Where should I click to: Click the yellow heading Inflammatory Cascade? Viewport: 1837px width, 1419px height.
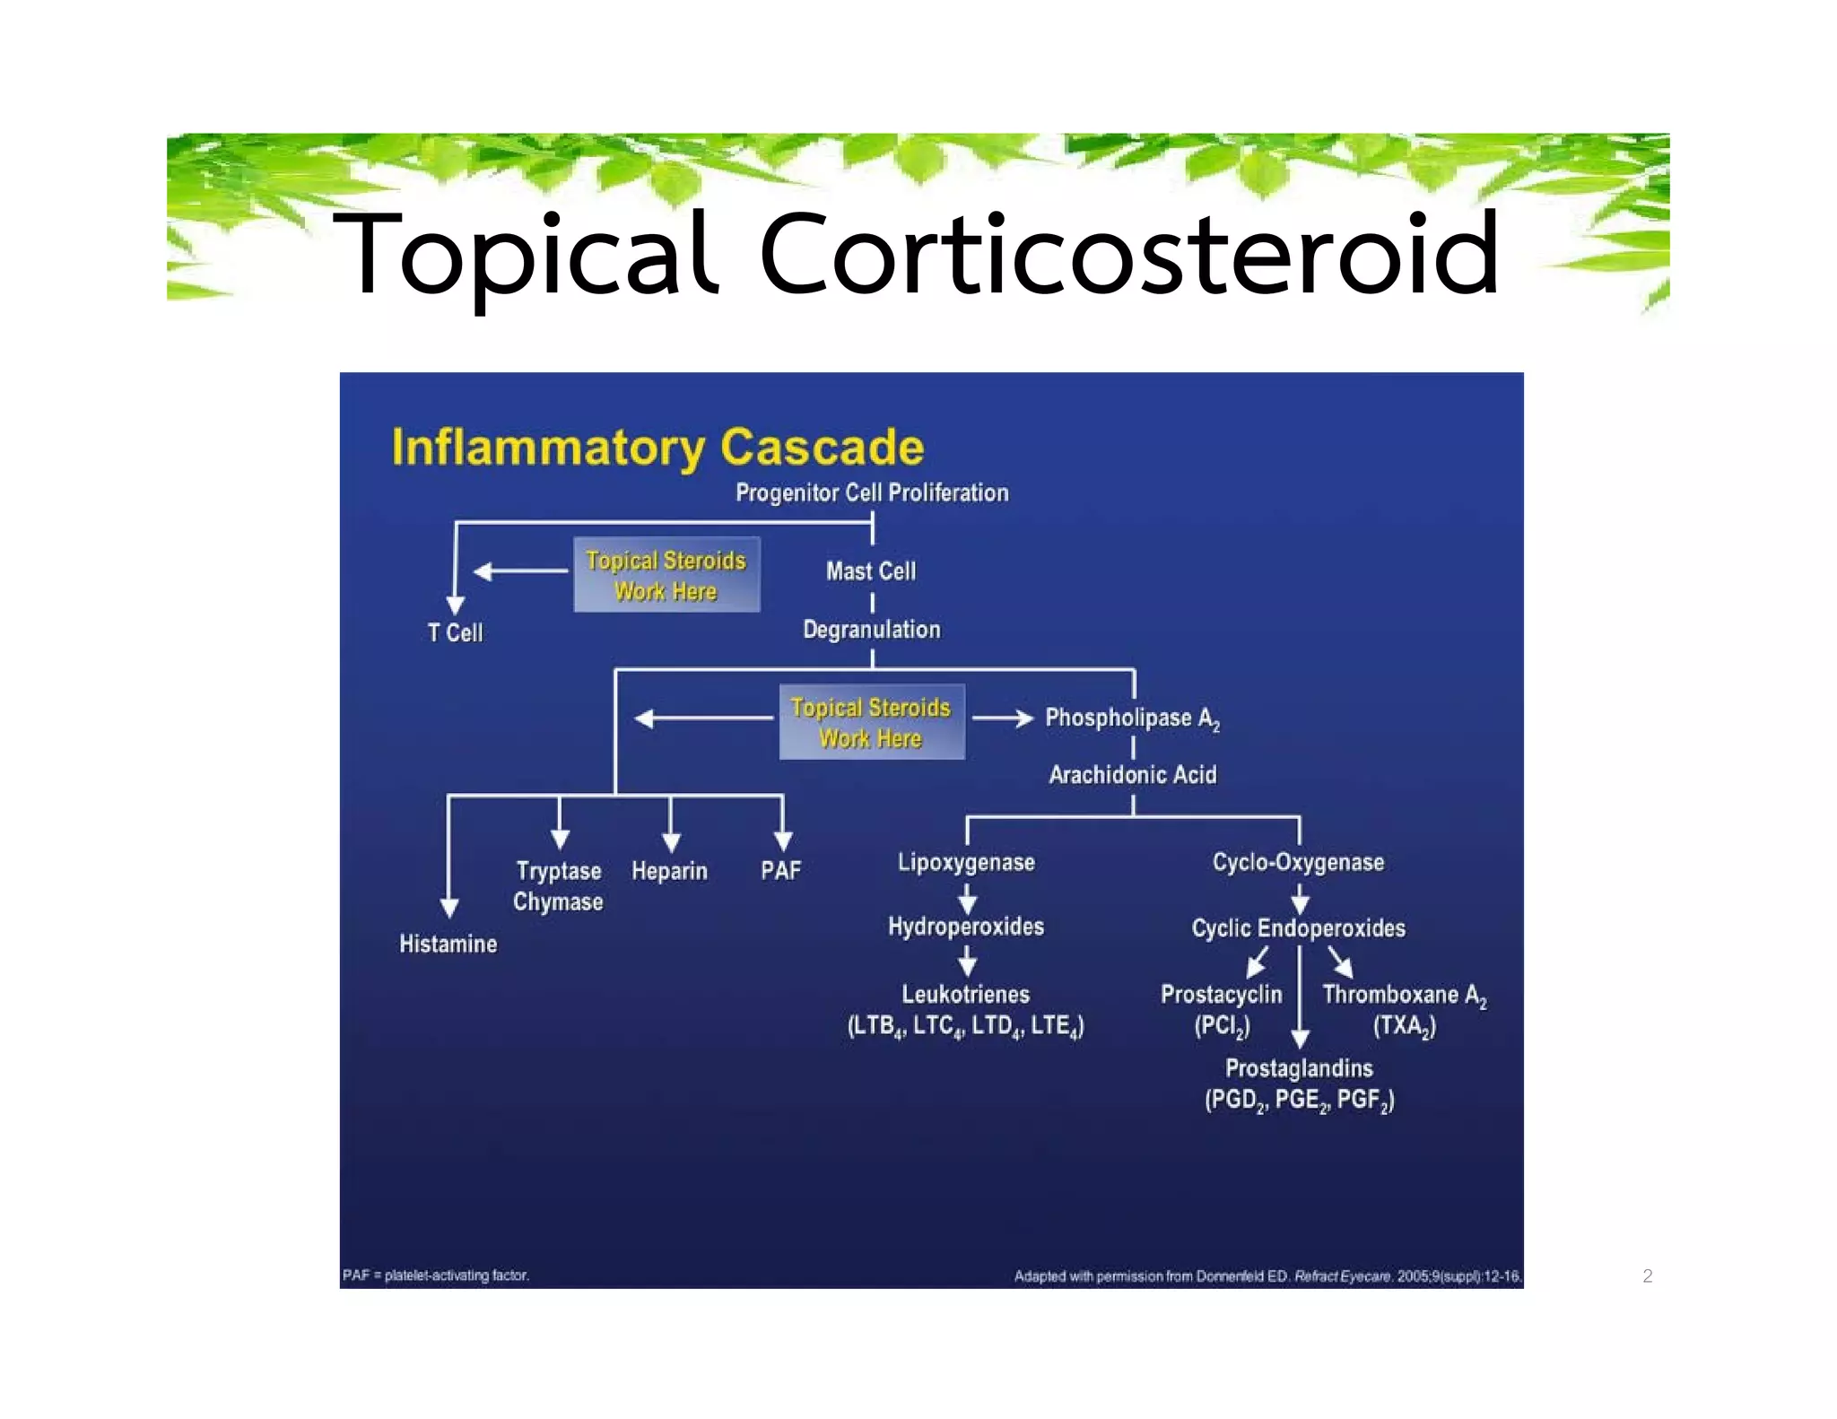(x=657, y=447)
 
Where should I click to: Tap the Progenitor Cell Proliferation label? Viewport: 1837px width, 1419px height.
(x=872, y=492)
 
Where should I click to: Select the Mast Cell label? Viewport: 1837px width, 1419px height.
(x=871, y=571)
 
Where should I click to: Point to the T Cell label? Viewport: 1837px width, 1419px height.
(x=455, y=633)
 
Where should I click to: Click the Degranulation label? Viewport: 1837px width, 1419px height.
(x=871, y=630)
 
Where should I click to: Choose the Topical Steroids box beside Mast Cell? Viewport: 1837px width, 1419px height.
(x=666, y=575)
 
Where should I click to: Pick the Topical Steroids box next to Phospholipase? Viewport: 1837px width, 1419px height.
(x=871, y=722)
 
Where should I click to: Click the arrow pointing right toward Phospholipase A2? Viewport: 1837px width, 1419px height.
(x=1002, y=718)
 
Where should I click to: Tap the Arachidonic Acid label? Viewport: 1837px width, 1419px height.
(x=1132, y=775)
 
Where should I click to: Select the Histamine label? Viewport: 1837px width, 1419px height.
(x=448, y=944)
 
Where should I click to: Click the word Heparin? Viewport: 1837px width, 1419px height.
(x=669, y=871)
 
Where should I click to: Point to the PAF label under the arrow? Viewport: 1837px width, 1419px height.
(x=780, y=871)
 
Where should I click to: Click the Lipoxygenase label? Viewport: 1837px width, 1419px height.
(x=966, y=862)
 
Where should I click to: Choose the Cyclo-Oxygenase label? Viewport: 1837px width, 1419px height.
(x=1298, y=862)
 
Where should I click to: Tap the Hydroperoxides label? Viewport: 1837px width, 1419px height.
(x=966, y=927)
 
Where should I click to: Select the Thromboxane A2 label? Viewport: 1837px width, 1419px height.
(x=1404, y=995)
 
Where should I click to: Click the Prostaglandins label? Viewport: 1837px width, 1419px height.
(x=1299, y=1068)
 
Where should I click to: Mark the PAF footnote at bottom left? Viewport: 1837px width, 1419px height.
(x=436, y=1275)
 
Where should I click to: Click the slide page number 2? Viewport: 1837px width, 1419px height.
(x=1647, y=1275)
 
